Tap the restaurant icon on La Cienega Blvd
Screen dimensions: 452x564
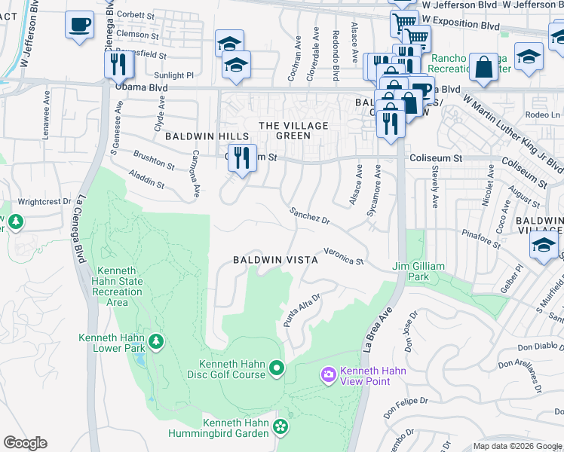[118, 65]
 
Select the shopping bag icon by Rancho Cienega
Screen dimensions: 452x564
[483, 69]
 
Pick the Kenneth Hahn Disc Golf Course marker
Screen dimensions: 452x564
[277, 368]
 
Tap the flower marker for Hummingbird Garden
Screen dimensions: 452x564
[280, 427]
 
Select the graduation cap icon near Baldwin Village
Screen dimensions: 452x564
[544, 245]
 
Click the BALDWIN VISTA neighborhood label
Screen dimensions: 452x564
[274, 259]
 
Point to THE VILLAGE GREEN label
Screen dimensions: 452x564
[284, 130]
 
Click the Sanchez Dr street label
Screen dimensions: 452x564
[311, 216]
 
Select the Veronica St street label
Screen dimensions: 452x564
[344, 256]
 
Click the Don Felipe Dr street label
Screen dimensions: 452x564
[405, 408]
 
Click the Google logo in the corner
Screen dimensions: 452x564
[25, 443]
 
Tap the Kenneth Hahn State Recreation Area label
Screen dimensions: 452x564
[117, 286]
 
